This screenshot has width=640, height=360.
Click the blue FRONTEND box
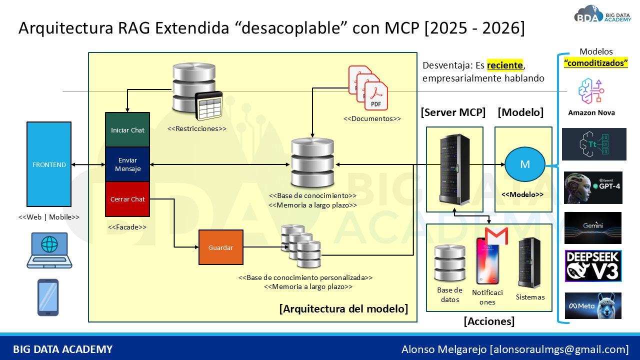[x=49, y=164]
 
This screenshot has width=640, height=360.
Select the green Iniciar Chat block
[x=127, y=129]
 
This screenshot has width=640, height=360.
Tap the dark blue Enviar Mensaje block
[x=127, y=164]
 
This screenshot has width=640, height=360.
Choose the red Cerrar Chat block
[x=127, y=199]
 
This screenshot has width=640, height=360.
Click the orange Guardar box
[x=221, y=247]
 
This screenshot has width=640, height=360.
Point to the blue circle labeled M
[x=525, y=164]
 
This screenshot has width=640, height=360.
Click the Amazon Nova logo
[x=591, y=96]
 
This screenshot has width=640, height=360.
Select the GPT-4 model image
[x=593, y=187]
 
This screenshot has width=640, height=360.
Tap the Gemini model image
[x=593, y=228]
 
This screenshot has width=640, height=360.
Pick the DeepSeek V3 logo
[x=593, y=266]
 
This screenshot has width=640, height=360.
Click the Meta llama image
[x=593, y=305]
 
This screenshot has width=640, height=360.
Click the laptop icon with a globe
[x=49, y=250]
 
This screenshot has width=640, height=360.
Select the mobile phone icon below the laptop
[x=48, y=297]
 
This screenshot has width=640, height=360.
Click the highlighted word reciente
[x=505, y=65]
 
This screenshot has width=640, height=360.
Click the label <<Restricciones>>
[x=197, y=128]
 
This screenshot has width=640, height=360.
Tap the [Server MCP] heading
[x=453, y=112]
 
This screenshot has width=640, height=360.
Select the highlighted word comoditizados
[x=595, y=63]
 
